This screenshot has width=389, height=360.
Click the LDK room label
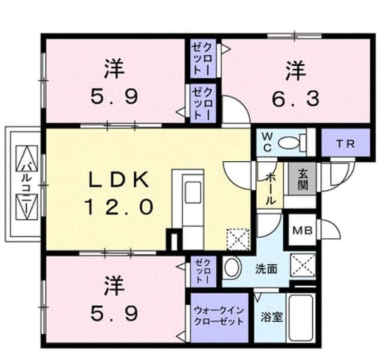pos(119,179)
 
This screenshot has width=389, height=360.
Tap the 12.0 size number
pos(119,207)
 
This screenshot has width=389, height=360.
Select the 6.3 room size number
pos(295,99)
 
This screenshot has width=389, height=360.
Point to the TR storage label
pos(345,144)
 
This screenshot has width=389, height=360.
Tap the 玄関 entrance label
pos(303,179)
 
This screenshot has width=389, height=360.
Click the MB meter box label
pos(303,231)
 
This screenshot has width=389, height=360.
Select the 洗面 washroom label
pos(266,269)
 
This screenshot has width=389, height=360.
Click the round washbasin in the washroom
pos(232,268)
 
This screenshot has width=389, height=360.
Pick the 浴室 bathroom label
pos(272,317)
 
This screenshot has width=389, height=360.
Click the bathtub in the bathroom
pos(301,318)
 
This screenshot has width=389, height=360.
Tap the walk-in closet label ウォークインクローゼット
pos(219,316)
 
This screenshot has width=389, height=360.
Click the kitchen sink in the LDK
pos(193,192)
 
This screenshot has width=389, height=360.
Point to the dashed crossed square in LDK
pos(238,239)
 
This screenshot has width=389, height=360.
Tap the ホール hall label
pos(270,189)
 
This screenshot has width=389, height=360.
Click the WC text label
pos(267,142)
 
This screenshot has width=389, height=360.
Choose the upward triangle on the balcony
pos(27,157)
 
